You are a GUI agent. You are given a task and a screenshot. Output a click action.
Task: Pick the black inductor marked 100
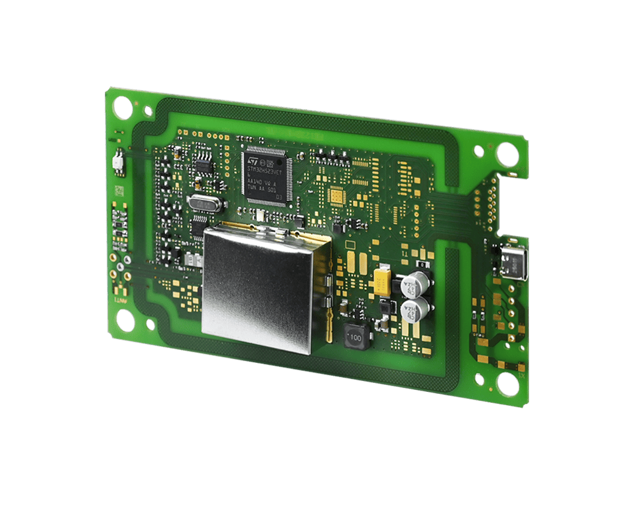click(354, 336)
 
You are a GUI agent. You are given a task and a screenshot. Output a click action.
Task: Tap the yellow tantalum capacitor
click(383, 280)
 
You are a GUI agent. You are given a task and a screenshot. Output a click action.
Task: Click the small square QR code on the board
click(118, 191)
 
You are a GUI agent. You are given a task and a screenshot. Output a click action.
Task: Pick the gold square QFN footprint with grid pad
click(336, 197)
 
